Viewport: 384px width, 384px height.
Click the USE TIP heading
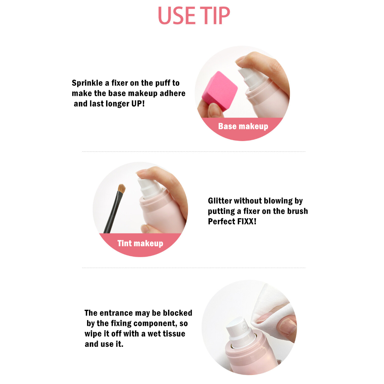coord(194,16)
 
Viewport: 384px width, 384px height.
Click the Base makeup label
coord(243,126)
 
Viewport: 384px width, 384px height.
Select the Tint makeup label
coord(140,243)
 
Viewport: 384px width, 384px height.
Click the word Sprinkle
coord(87,83)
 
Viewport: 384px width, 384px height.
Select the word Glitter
coord(220,201)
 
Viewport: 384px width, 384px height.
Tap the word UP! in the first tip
coord(138,103)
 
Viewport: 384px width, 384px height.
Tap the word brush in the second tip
coord(298,211)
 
